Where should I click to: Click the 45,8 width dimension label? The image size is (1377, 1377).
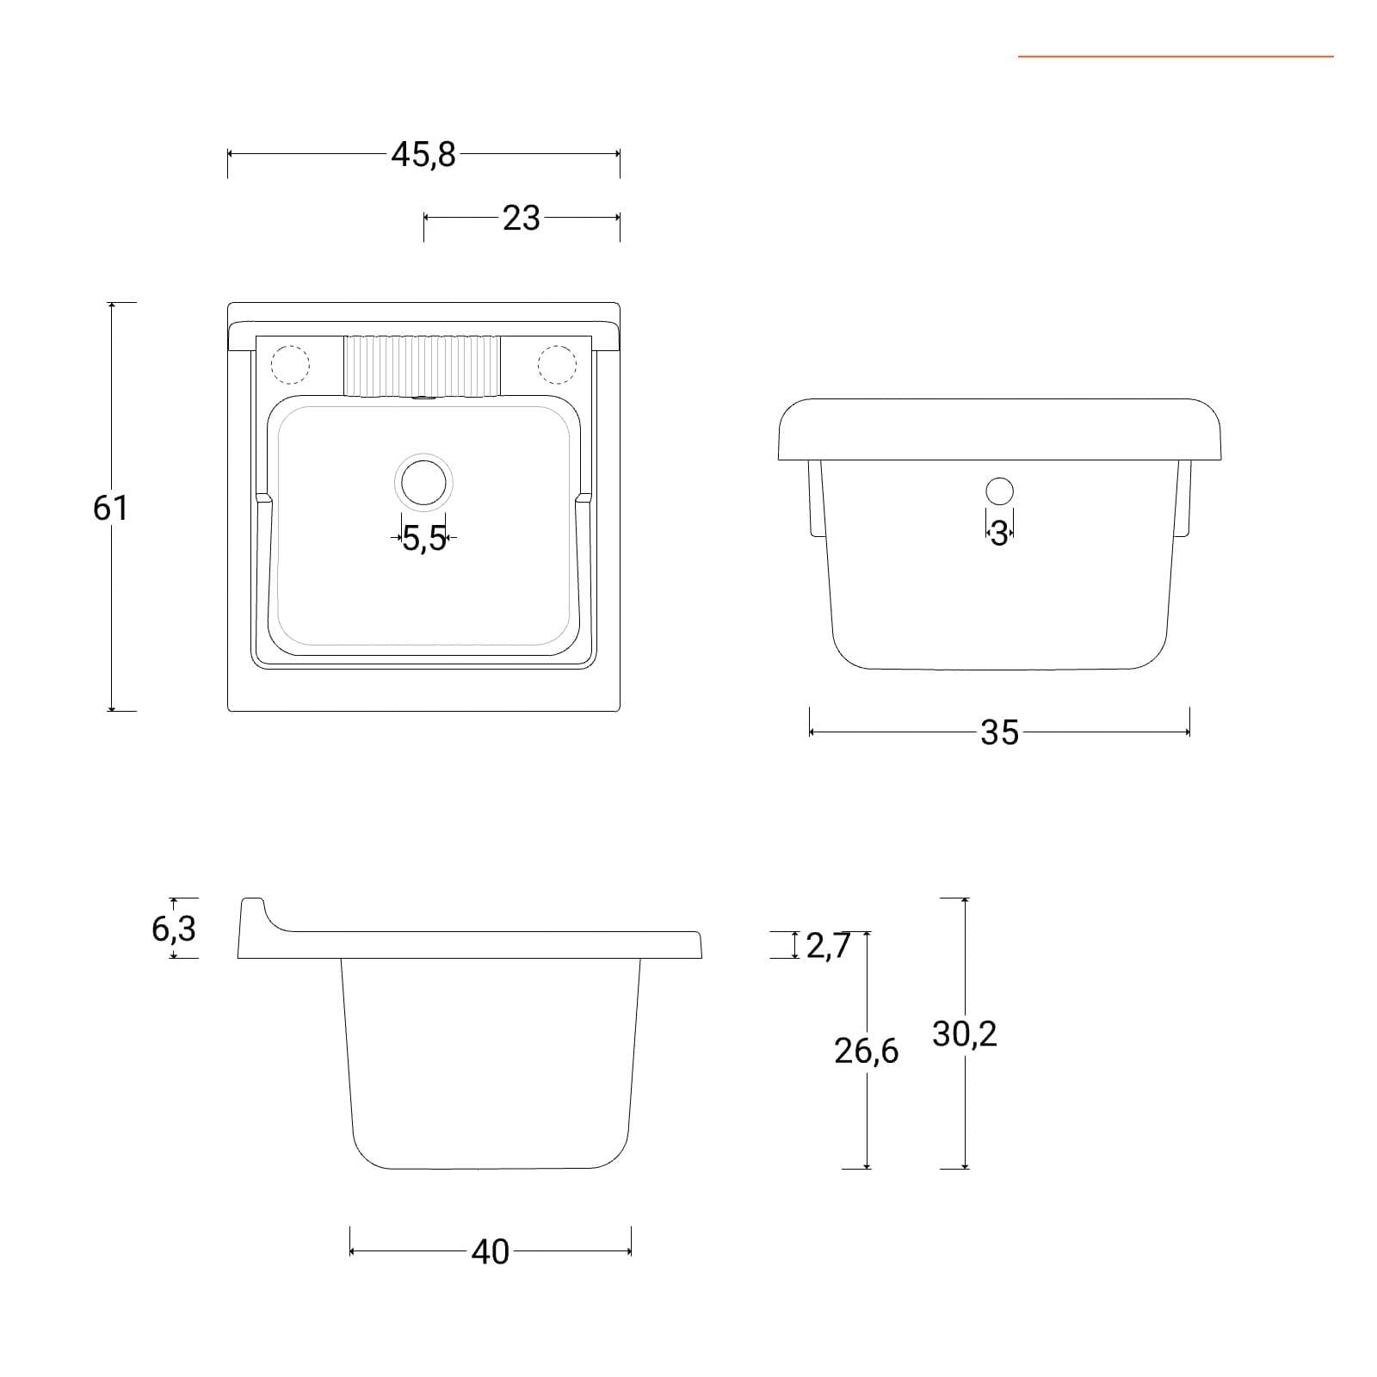pos(423,155)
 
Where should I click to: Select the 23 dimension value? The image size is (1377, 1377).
pos(522,219)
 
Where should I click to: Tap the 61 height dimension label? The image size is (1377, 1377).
pos(110,508)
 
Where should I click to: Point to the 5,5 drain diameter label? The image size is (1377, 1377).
pos(424,539)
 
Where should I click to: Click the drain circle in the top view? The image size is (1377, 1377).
pos(423,482)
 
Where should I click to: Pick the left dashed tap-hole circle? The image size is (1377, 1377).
pos(290,364)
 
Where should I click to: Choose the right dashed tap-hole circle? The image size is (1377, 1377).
pos(557,364)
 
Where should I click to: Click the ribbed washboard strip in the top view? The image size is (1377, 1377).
pos(423,367)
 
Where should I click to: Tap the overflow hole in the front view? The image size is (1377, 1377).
pos(999,491)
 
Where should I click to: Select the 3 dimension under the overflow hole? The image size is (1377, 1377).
pos(999,534)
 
